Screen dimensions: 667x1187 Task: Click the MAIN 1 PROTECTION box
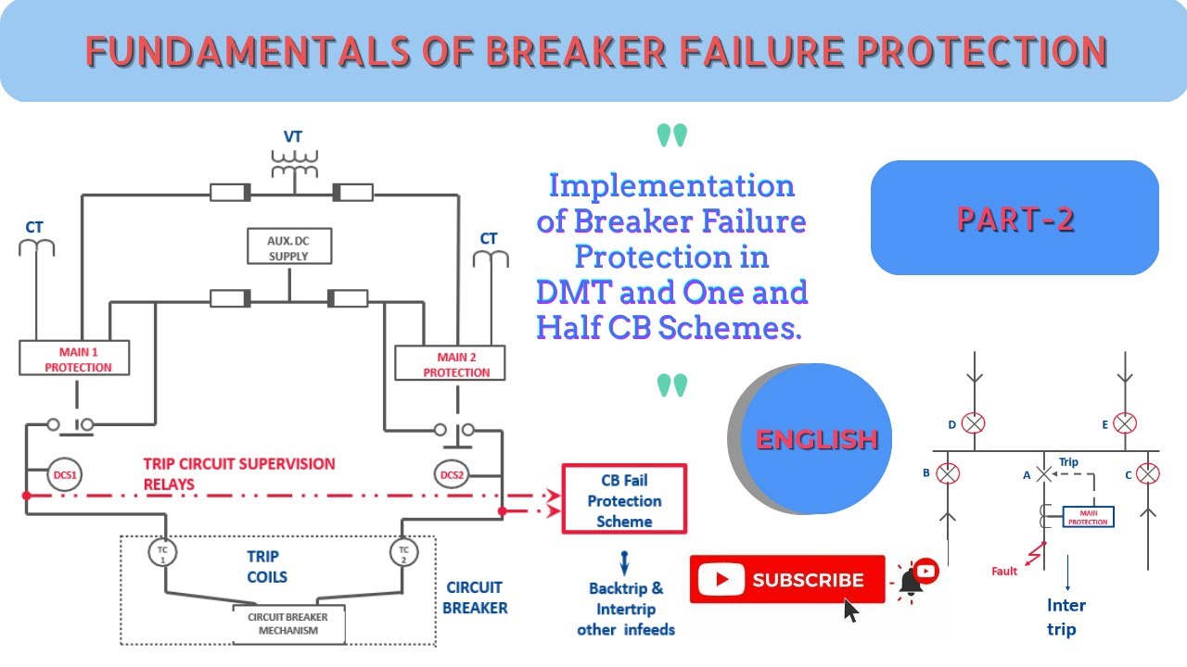74,359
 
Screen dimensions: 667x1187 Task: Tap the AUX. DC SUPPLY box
288,247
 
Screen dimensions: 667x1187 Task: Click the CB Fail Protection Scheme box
624,500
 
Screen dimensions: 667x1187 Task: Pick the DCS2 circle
452,475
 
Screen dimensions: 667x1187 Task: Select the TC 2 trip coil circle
403,553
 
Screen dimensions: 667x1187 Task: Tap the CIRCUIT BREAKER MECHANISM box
287,623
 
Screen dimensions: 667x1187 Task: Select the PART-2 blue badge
1015,219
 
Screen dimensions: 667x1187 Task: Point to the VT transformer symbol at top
293,165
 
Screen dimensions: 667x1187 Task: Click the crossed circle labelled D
973,424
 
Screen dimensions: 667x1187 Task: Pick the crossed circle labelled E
1125,424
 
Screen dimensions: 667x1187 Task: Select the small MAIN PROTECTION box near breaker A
1088,517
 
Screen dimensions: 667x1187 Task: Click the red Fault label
1004,572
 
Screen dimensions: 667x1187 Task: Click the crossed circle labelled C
1148,474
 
